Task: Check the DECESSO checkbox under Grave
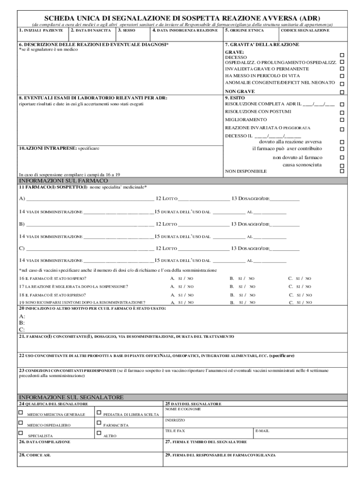(342, 55)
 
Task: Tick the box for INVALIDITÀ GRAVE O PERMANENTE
(342, 69)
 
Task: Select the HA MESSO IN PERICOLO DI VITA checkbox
(342, 76)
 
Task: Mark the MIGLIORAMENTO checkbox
(342, 120)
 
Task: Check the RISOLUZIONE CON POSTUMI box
(342, 112)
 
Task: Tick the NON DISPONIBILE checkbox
(342, 171)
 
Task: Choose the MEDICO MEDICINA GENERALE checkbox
(21, 412)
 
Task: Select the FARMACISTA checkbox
(99, 423)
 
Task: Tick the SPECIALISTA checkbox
(21, 433)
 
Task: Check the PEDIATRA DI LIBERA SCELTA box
(99, 412)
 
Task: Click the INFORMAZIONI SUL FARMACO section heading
(63, 181)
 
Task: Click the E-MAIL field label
(262, 431)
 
